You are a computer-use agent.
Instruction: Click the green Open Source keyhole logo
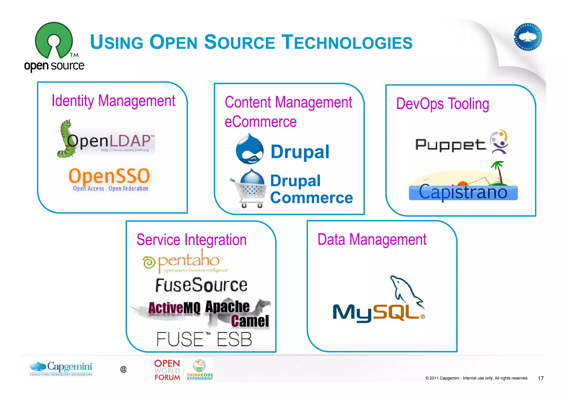(x=54, y=40)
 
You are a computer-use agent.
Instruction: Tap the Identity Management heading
(x=113, y=101)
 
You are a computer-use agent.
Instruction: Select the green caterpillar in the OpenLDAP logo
(x=66, y=139)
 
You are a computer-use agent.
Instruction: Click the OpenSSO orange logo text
(x=109, y=176)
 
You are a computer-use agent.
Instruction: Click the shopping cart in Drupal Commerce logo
(x=249, y=191)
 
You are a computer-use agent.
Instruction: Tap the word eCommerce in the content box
(x=260, y=122)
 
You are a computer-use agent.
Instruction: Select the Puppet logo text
(x=450, y=145)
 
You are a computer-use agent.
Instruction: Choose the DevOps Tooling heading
(x=442, y=104)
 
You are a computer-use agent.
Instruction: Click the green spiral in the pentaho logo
(x=149, y=262)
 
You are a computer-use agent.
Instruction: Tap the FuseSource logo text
(x=201, y=285)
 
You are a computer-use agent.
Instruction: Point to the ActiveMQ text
(x=174, y=308)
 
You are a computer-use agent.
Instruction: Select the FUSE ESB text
(x=204, y=339)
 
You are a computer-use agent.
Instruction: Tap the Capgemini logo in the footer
(x=61, y=368)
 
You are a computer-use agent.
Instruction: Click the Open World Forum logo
(x=167, y=370)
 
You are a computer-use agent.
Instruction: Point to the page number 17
(x=540, y=378)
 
